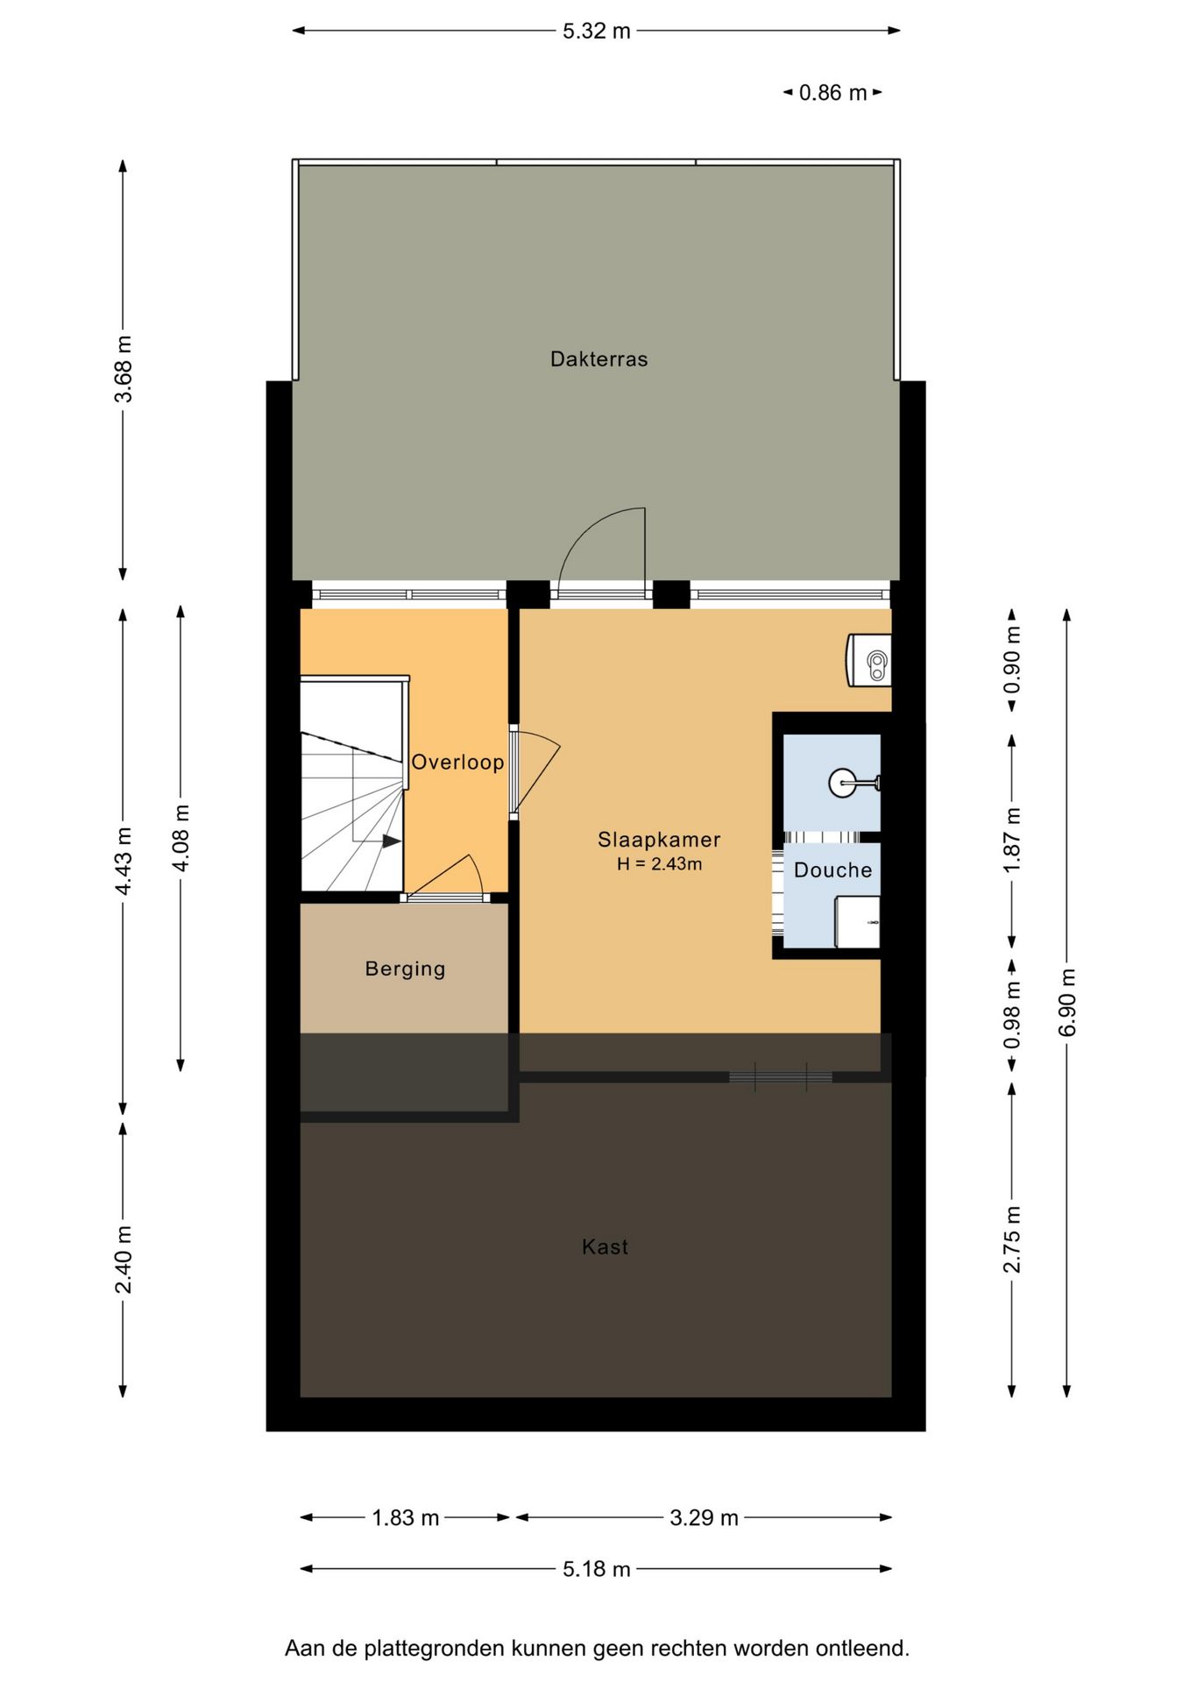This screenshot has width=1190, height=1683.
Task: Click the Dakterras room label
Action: [599, 359]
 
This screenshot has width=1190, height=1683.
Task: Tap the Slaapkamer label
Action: [659, 840]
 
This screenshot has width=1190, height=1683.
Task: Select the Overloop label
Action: [457, 763]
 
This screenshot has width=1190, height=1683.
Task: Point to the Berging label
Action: [405, 969]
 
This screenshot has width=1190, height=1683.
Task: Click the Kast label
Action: [605, 1246]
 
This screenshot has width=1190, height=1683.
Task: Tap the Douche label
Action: [832, 870]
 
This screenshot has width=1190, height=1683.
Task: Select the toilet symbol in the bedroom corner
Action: [869, 660]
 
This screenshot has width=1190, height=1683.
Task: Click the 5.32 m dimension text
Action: [597, 31]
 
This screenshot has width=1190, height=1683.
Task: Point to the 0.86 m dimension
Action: [832, 92]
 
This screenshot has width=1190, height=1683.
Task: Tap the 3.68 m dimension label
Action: [124, 369]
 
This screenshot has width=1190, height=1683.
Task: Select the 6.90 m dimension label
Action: [1067, 1003]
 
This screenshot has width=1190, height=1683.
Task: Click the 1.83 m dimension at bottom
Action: [405, 1517]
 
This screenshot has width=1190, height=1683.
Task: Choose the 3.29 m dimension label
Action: [704, 1517]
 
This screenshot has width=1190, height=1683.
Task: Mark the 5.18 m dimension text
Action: [597, 1568]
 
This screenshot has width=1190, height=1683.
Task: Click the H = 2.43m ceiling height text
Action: [659, 864]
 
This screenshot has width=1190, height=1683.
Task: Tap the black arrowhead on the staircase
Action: [392, 841]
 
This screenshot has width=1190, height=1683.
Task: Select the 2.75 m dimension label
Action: [1012, 1239]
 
